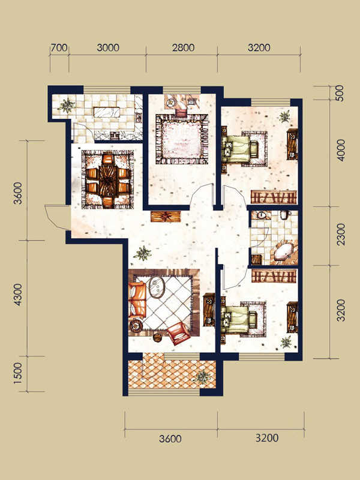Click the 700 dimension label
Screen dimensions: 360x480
(x=59, y=48)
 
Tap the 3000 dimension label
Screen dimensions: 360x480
(x=108, y=48)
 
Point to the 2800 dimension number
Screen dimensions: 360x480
(x=183, y=48)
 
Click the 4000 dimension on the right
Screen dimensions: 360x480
(x=340, y=151)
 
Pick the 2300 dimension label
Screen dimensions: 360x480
(x=340, y=234)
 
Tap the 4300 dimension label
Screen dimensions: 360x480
(x=18, y=295)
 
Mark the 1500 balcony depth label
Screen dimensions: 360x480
(x=18, y=373)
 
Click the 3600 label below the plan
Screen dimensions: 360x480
(x=170, y=439)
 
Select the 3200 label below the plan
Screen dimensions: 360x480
(x=267, y=438)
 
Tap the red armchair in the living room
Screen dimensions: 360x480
(x=179, y=334)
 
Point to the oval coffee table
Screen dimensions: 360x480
(x=157, y=287)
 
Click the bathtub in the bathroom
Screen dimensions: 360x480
(x=286, y=251)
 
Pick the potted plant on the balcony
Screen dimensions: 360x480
(x=202, y=377)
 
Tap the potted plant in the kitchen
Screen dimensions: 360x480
(x=67, y=106)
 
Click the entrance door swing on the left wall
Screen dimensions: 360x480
(x=57, y=217)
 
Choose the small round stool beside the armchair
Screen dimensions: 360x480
(x=157, y=338)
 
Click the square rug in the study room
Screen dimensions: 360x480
(x=182, y=139)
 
